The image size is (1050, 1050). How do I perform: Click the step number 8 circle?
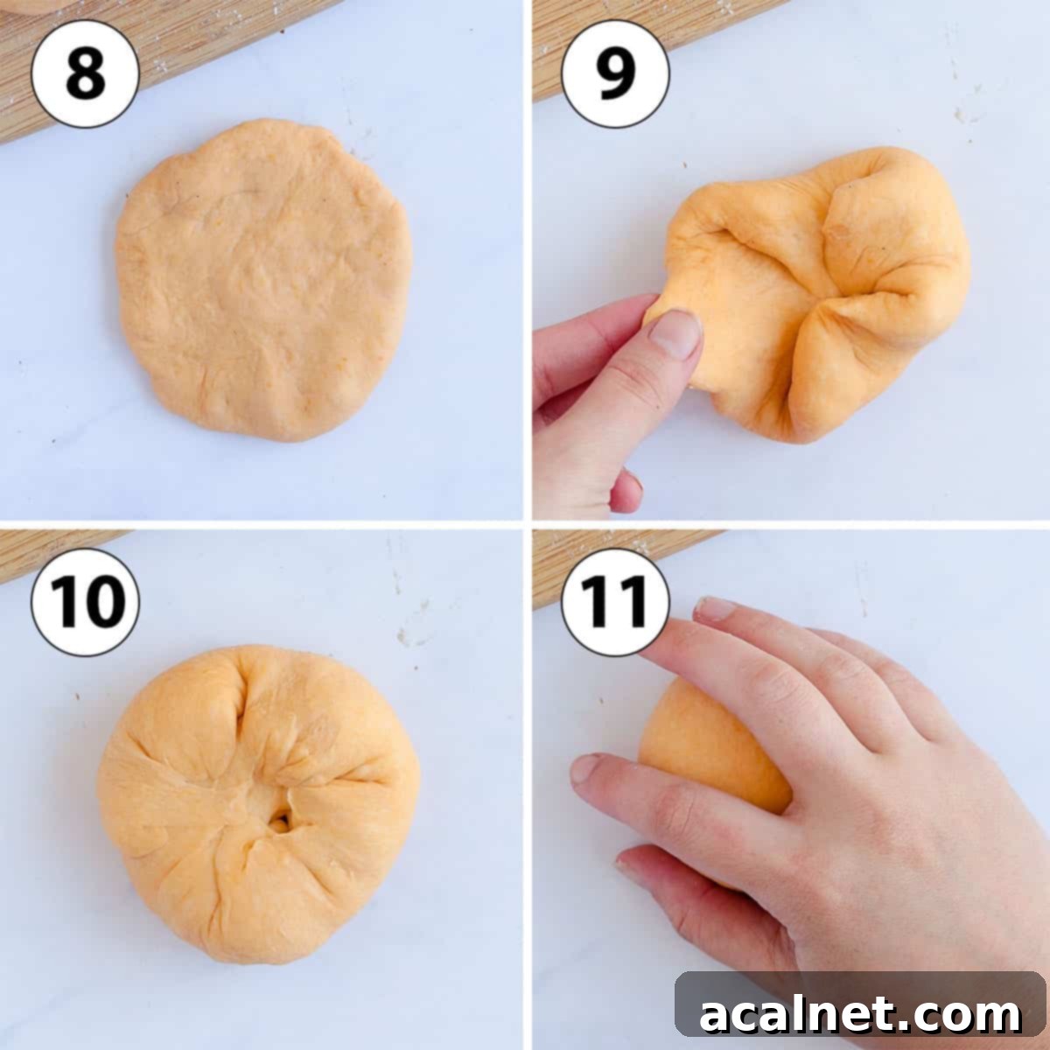85,73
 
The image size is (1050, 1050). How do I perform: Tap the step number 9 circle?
615,73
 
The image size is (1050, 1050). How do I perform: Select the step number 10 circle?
85,602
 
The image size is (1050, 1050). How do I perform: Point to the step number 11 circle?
615,602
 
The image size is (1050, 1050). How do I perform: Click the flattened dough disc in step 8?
262,280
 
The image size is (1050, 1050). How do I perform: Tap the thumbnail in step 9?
676,333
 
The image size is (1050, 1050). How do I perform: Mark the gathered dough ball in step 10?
262,805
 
